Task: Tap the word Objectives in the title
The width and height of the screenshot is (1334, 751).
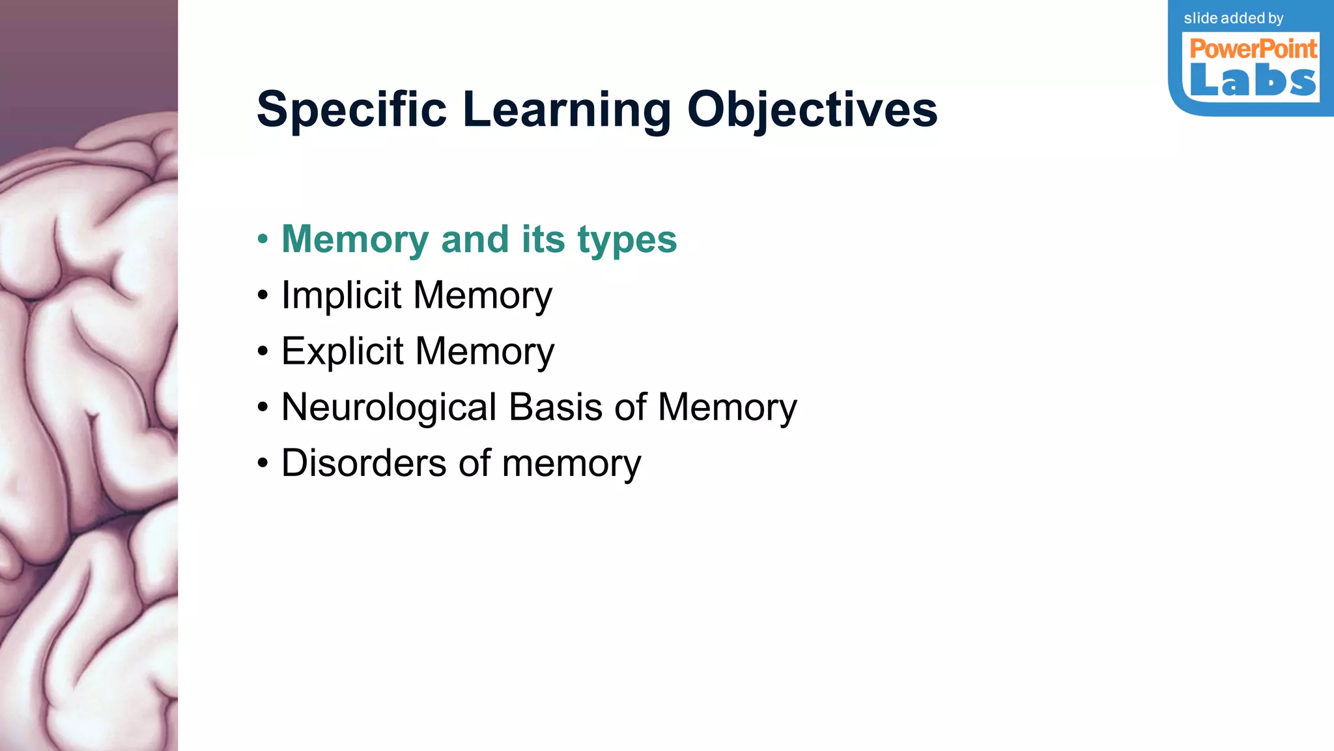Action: [812, 110]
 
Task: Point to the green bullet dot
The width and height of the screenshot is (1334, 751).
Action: [263, 239]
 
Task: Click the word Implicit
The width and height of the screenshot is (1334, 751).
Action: [341, 295]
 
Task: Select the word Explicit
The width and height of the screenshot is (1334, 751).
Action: [343, 351]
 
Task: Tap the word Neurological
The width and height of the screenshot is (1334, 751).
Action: [389, 407]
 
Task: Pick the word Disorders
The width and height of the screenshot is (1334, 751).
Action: [363, 463]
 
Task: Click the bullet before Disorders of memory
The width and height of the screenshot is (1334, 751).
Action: [263, 464]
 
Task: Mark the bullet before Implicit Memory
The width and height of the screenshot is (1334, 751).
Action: [263, 295]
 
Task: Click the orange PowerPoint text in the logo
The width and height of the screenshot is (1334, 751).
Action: [1253, 49]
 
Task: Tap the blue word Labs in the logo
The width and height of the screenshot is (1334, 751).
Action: [1253, 81]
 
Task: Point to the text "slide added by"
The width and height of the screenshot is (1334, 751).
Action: [1234, 18]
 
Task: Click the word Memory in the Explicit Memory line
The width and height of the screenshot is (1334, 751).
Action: [485, 351]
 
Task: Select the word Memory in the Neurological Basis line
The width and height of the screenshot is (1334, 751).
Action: [727, 407]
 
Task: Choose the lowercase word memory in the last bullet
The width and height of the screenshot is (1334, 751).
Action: [571, 464]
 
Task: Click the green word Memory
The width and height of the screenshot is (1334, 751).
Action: [354, 239]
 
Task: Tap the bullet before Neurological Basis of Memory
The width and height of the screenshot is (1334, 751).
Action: [263, 407]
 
